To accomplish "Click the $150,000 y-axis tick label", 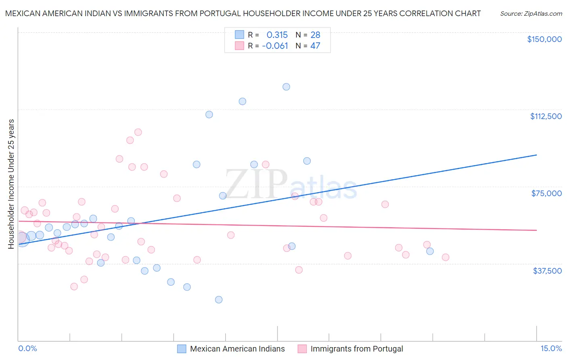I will click(x=544, y=39).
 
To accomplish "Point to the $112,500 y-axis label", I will click(x=546, y=116).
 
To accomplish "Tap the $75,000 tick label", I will click(x=546, y=193).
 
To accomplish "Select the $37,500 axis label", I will click(x=547, y=271).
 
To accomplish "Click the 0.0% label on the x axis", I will click(x=27, y=349).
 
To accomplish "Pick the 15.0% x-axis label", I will click(x=551, y=349).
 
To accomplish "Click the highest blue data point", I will click(x=286, y=87).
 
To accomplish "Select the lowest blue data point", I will click(x=219, y=299).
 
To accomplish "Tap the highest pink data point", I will click(x=138, y=132).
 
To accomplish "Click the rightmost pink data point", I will click(x=446, y=257).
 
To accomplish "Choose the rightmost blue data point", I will click(x=430, y=251).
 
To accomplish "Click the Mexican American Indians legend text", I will click(x=237, y=349).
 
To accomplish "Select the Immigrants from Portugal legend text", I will click(x=356, y=349).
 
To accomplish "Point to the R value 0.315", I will click(x=277, y=35).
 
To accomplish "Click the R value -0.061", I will click(x=275, y=46).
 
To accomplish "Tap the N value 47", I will click(x=315, y=46).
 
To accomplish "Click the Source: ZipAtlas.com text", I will click(x=531, y=14).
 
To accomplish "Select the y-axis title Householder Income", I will click(x=11, y=184).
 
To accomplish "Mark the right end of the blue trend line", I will click(x=537, y=155).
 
